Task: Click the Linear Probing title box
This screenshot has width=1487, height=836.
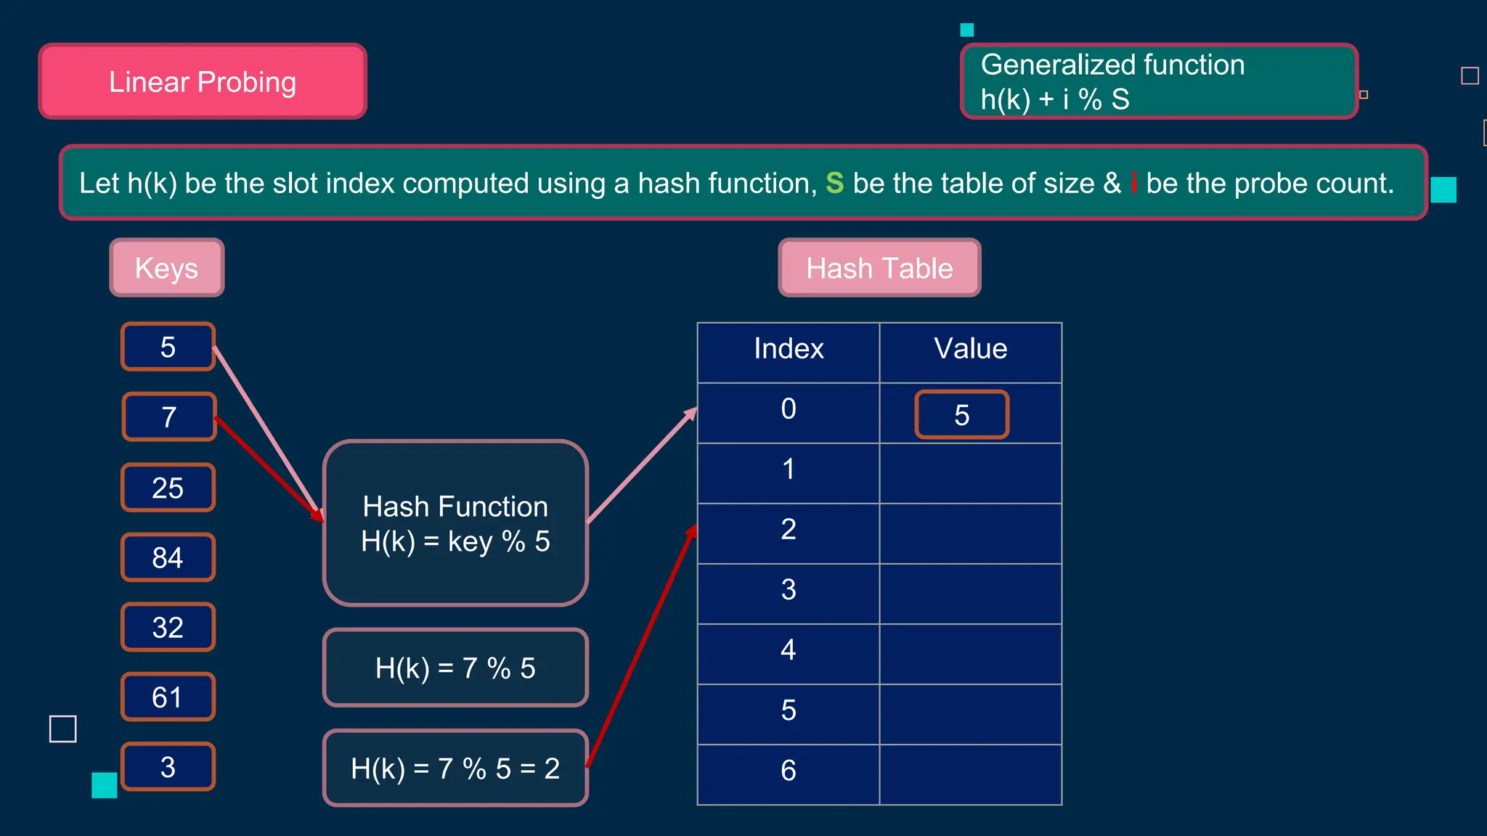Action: (203, 81)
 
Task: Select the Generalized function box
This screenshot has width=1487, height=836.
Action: (1159, 81)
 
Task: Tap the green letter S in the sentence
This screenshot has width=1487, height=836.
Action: (834, 183)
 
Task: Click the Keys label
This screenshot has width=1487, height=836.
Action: (166, 268)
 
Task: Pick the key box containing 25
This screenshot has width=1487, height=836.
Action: (168, 488)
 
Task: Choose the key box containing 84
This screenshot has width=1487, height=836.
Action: (168, 557)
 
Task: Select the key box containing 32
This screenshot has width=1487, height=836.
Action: (168, 627)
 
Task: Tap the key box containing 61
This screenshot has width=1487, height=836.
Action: (168, 697)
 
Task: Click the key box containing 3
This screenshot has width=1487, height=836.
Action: (168, 766)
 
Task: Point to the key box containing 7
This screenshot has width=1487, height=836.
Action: (168, 417)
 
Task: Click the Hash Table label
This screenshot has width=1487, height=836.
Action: (879, 268)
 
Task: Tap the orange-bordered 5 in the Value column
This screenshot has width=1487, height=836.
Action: (961, 415)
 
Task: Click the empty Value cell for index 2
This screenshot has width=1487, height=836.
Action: (970, 533)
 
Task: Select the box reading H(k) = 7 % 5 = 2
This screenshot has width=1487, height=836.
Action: (455, 768)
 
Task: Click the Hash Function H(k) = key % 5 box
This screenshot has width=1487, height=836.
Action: (455, 523)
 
